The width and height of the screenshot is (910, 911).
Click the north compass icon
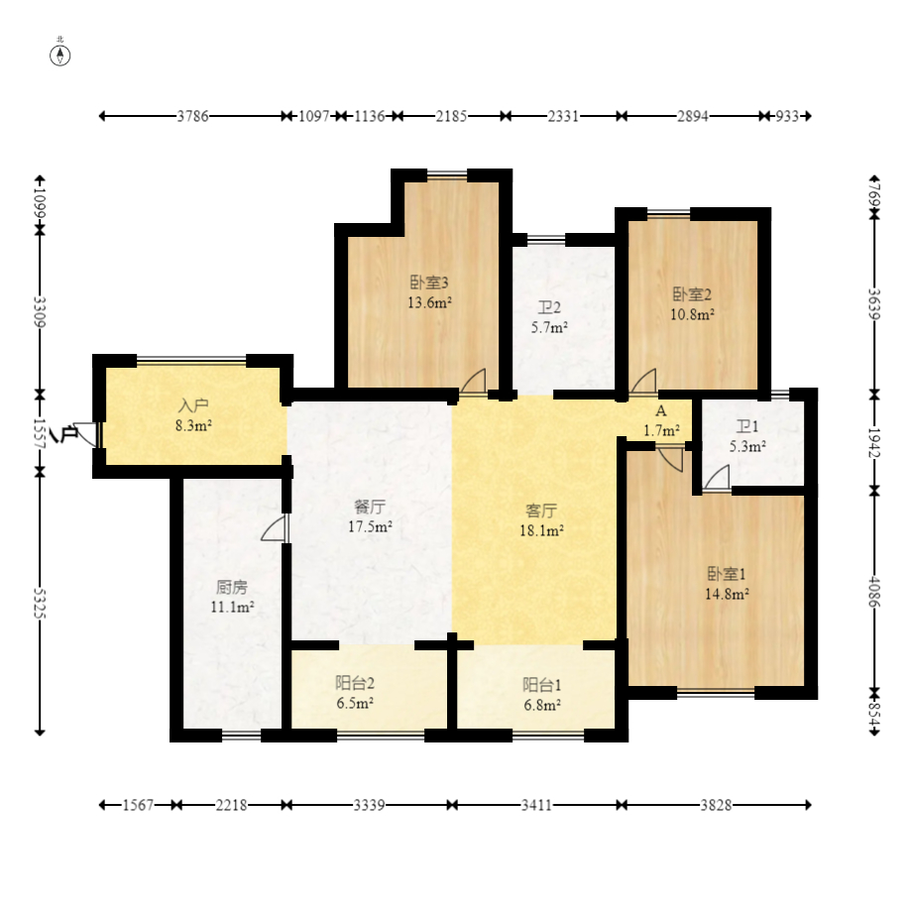point(60,54)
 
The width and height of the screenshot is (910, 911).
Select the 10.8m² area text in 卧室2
point(693,314)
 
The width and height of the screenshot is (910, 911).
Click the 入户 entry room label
point(192,405)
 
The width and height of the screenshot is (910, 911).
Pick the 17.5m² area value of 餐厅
point(372,526)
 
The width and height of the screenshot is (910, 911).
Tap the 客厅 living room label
point(541,511)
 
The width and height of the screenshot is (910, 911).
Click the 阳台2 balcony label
point(354,683)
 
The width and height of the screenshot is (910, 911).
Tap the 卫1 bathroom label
point(746,426)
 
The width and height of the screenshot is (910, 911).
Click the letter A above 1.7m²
point(660,410)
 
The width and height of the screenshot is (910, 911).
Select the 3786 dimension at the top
point(192,116)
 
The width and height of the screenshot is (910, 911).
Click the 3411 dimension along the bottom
point(536,806)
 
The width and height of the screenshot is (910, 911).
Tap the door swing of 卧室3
point(474,380)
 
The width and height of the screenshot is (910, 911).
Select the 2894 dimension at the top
point(692,116)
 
